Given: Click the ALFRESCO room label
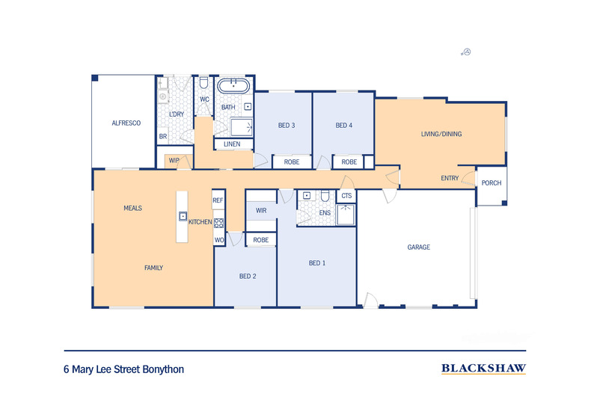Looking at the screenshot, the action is click(126, 123).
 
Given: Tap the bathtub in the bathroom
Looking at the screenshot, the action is click(233, 86).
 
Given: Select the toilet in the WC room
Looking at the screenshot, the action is click(204, 83).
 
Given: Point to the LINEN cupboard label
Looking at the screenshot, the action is click(232, 144).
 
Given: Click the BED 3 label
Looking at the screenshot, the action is click(287, 125).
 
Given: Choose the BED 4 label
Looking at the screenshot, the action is click(343, 125).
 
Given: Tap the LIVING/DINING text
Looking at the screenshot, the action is click(441, 134).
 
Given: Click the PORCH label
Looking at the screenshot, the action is click(492, 182).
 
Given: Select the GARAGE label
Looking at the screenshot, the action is click(419, 247).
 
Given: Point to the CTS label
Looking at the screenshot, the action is click(346, 195).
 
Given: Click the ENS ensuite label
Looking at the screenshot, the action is click(325, 213).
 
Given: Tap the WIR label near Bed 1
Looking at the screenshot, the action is click(261, 210).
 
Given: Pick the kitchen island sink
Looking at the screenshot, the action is click(183, 216).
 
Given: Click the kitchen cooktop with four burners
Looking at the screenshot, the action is click(219, 223).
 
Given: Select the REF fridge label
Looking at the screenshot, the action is click(218, 200).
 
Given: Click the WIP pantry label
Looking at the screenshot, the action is click(174, 161).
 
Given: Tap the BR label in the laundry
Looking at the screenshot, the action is click(163, 136).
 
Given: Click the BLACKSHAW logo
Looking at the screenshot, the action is click(483, 369).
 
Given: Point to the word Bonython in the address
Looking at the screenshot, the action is click(164, 369).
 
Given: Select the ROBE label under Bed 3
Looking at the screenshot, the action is click(292, 162).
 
